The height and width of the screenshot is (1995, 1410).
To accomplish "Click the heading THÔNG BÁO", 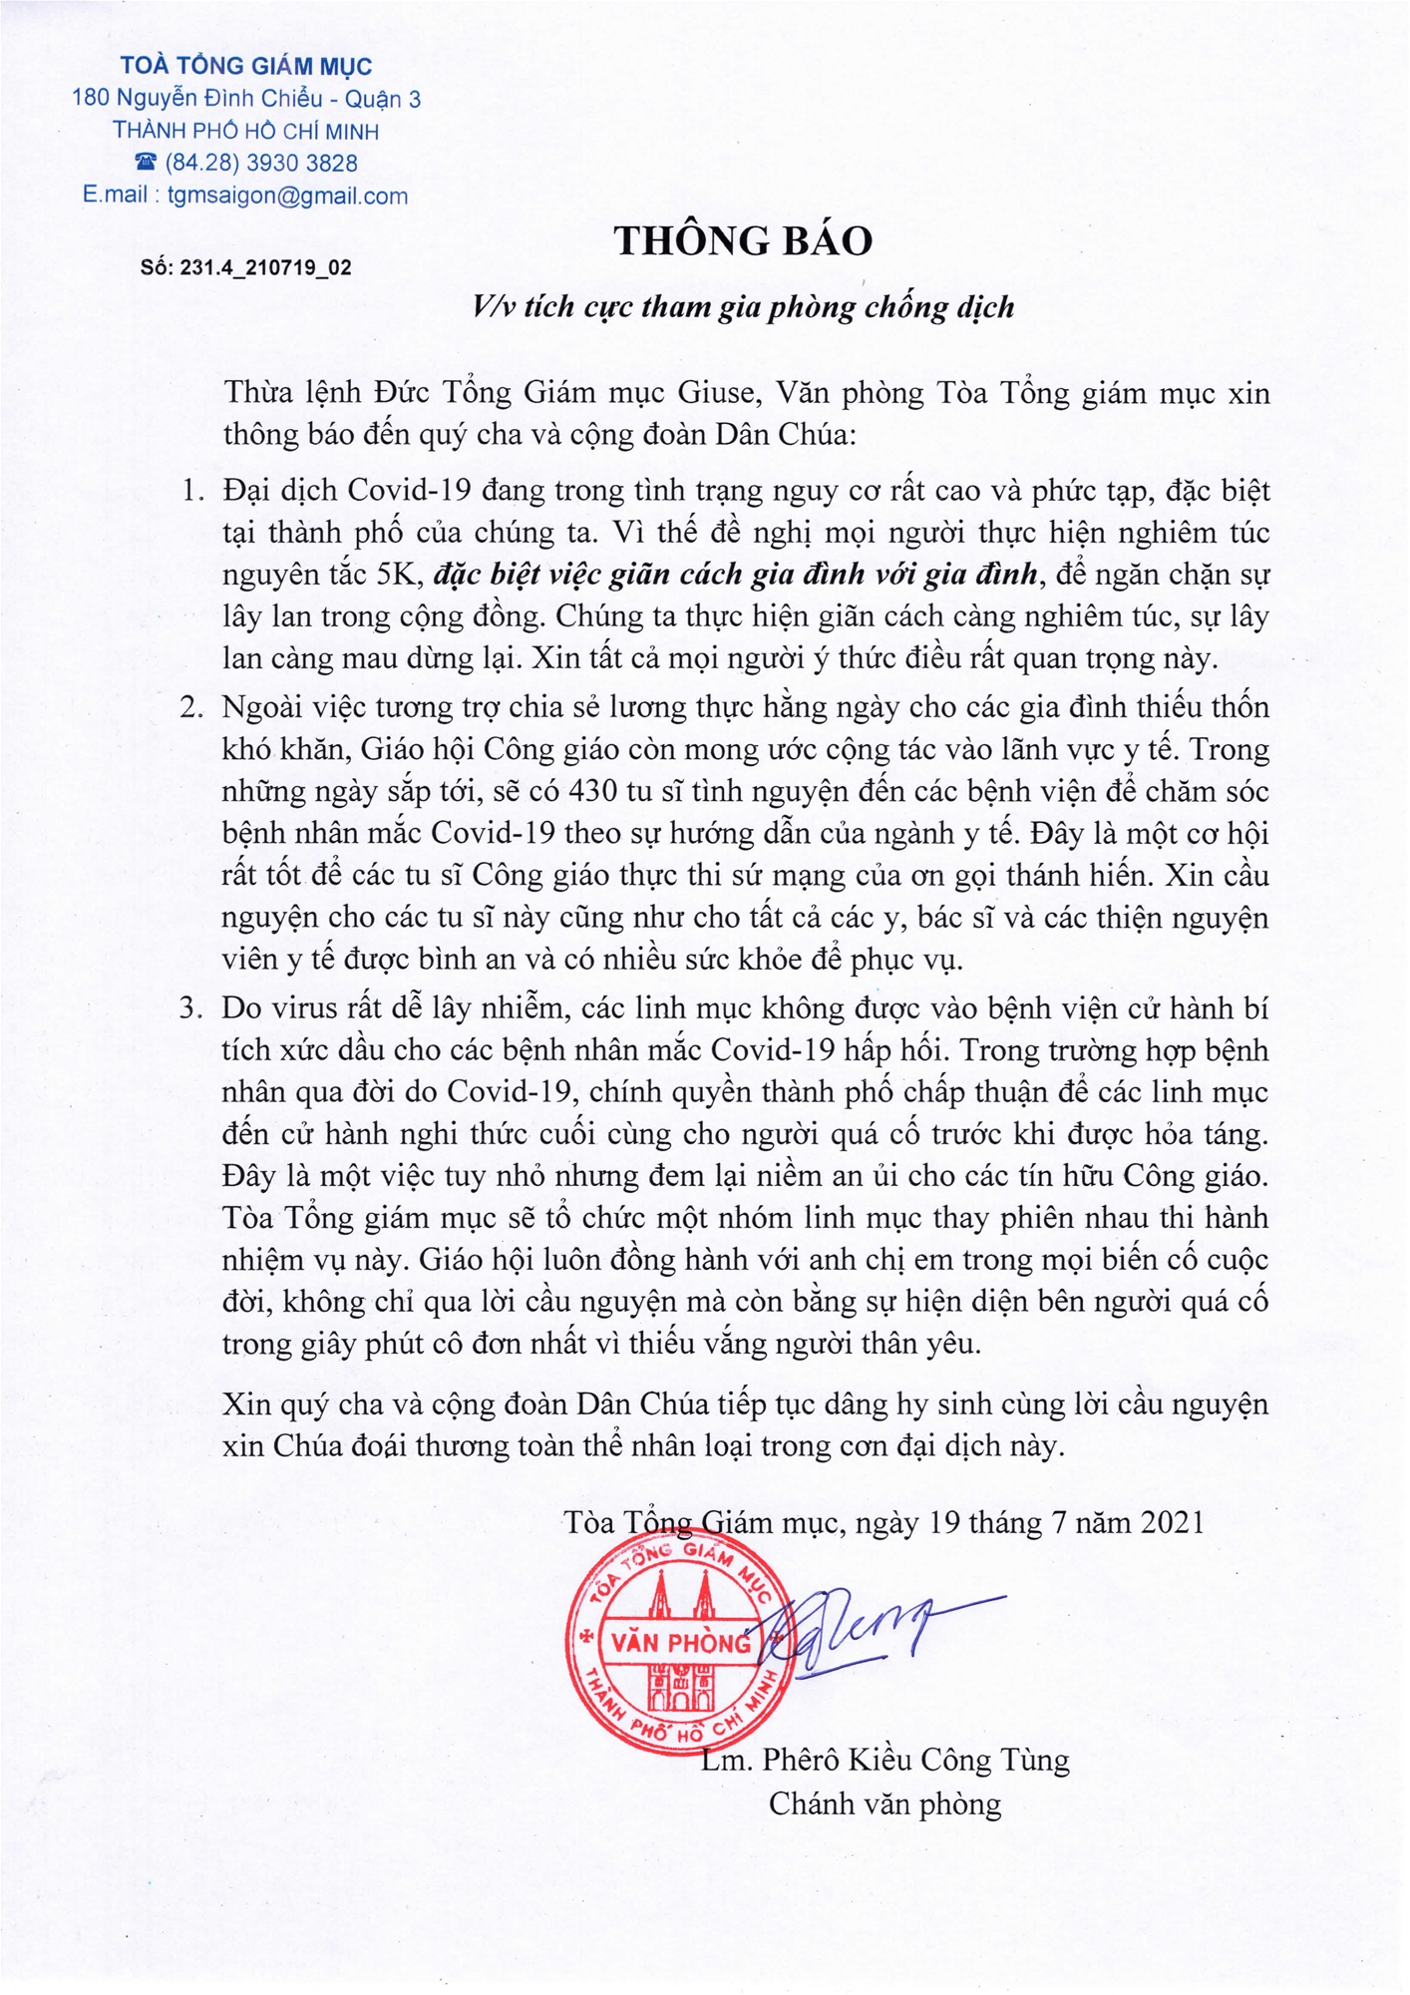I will [743, 241].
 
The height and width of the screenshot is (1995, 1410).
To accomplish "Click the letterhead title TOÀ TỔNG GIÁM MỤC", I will [245, 67].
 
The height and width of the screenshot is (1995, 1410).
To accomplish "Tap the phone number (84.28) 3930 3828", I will [261, 163].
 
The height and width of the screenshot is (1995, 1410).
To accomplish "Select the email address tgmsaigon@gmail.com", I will [287, 196].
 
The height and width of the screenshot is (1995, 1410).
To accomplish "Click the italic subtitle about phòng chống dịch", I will [743, 306].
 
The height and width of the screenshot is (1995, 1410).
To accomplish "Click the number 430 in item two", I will [592, 791].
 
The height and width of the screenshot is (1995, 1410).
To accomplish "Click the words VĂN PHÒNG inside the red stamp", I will [681, 1642].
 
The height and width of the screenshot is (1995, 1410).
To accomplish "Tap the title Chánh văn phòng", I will [884, 1803].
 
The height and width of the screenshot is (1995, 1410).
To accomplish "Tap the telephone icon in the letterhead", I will [146, 162].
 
